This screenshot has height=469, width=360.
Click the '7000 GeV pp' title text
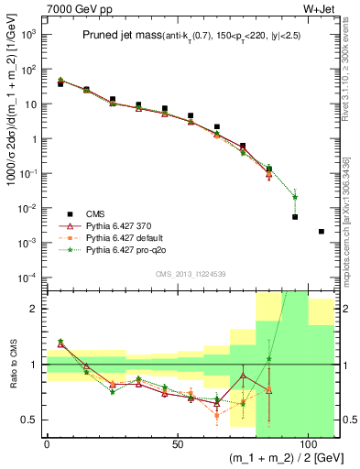pos(71,7)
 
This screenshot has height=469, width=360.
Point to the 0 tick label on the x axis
pos(47,442)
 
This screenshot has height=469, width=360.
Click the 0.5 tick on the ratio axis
pos(31,420)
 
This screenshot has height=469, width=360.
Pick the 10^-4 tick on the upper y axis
pos(28,277)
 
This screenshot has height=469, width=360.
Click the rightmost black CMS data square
pos(321,232)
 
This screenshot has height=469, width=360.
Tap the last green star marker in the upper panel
pos(295,197)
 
